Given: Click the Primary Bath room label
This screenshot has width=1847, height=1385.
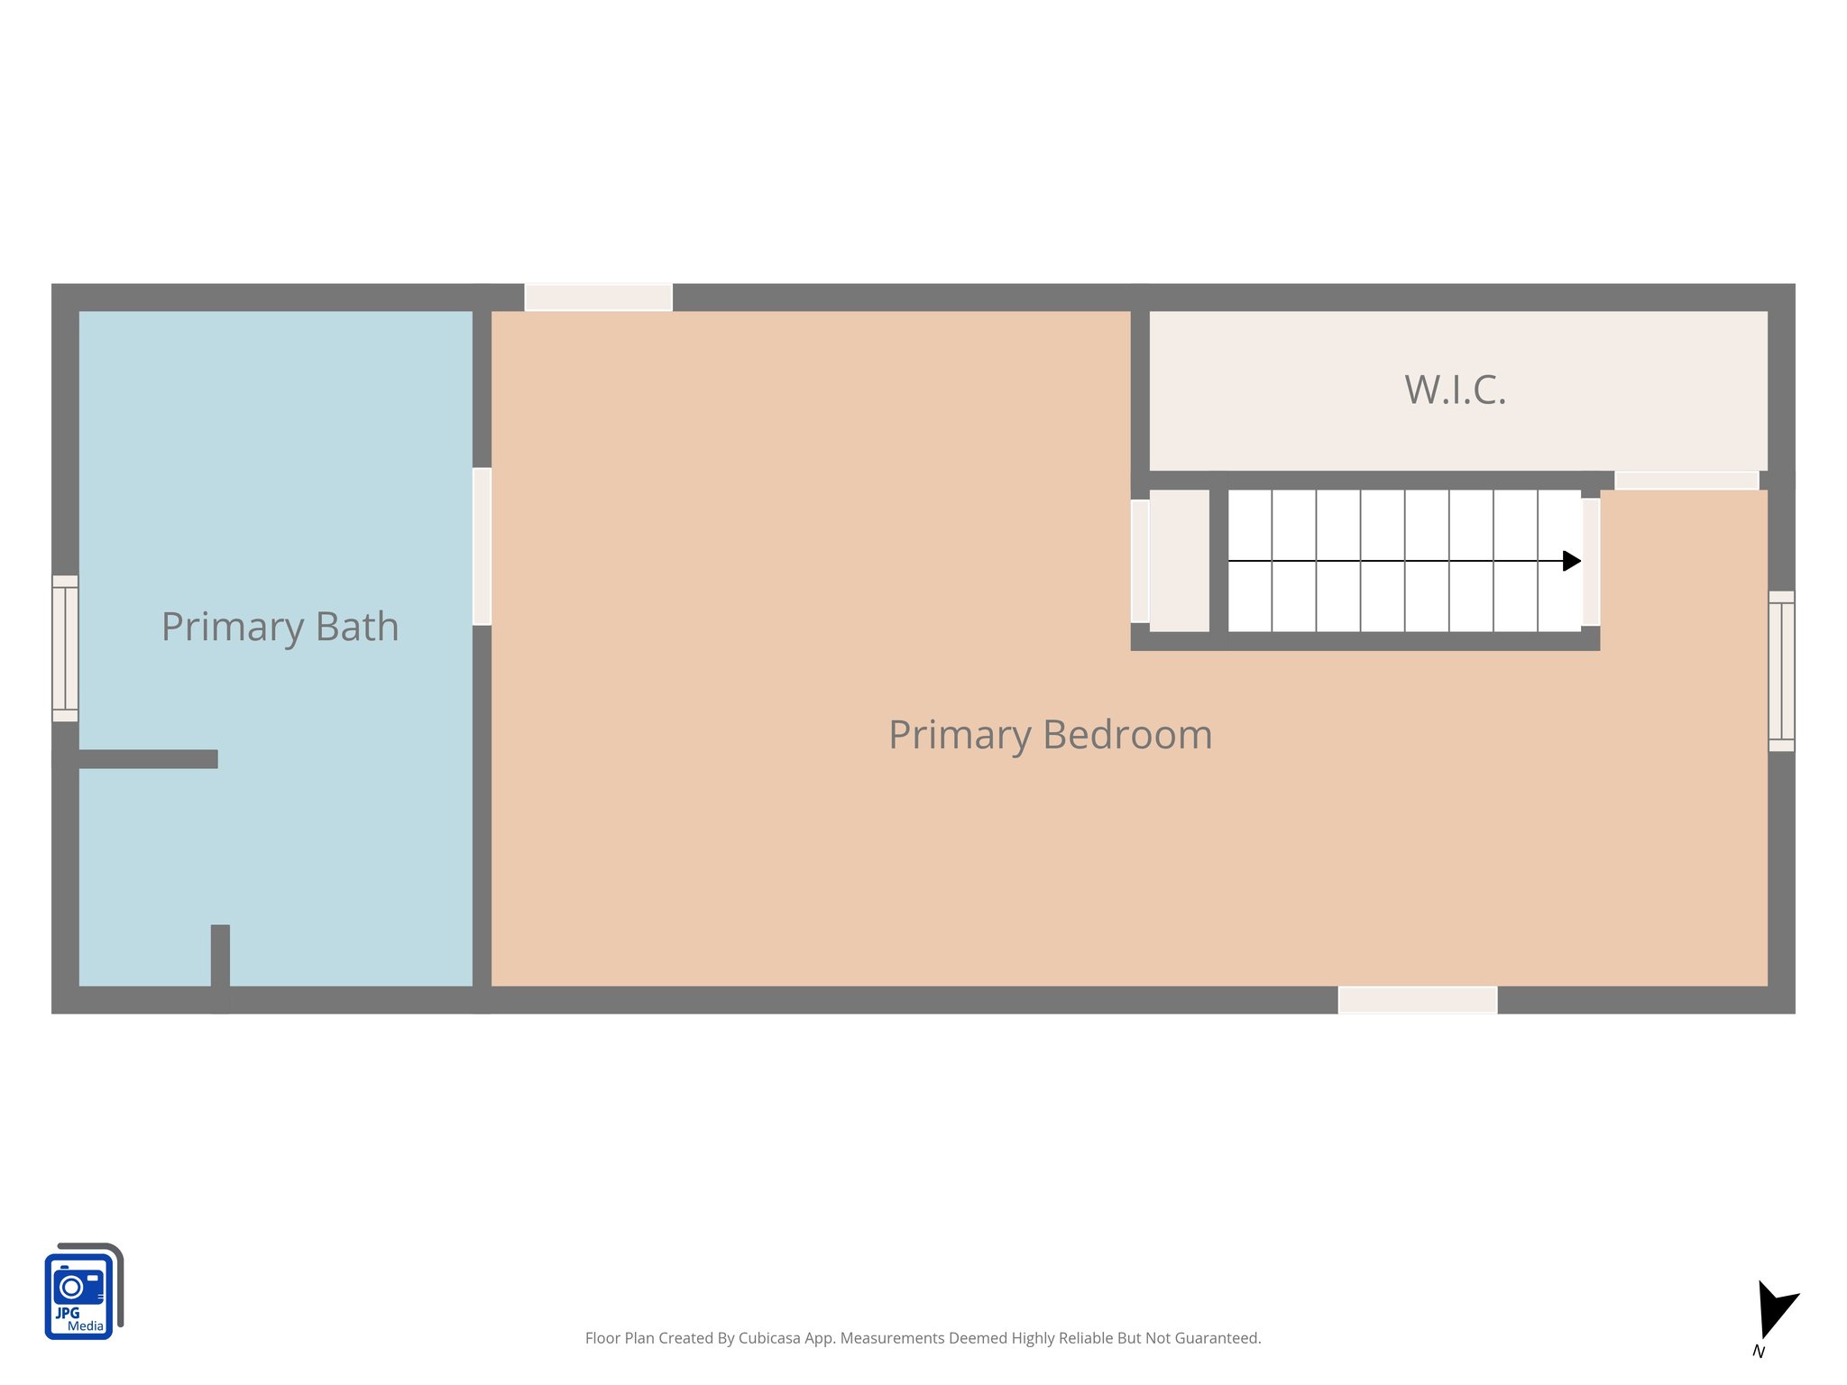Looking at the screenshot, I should pyautogui.click(x=280, y=628).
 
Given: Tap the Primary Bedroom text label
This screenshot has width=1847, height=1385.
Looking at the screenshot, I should pyautogui.click(x=1050, y=735).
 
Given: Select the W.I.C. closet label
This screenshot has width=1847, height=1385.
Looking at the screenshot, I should pyautogui.click(x=1455, y=390).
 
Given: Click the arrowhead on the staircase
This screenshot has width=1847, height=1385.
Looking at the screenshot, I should pyautogui.click(x=1571, y=561).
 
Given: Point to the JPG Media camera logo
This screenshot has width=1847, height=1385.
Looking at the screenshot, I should pyautogui.click(x=82, y=1292).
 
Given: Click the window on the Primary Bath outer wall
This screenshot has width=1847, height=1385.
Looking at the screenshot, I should pyautogui.click(x=65, y=648).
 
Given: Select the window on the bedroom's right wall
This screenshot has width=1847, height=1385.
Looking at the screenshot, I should pyautogui.click(x=1781, y=671).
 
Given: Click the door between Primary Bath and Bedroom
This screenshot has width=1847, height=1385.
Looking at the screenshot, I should pyautogui.click(x=482, y=546).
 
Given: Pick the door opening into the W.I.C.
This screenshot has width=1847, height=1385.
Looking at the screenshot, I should pyautogui.click(x=1686, y=481).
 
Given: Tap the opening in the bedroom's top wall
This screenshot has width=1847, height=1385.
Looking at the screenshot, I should pyautogui.click(x=598, y=298).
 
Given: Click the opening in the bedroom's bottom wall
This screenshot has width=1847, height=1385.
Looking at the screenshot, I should pyautogui.click(x=1418, y=1000).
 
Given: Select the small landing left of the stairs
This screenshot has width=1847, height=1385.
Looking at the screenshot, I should pyautogui.click(x=1179, y=561).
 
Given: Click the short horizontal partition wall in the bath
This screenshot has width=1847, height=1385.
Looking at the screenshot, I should pyautogui.click(x=148, y=759).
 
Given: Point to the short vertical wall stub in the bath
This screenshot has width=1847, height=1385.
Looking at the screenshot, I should pyautogui.click(x=220, y=965).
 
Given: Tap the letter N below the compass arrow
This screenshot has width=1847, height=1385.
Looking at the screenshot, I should pyautogui.click(x=1758, y=1352).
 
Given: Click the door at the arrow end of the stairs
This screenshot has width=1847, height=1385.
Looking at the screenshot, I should pyautogui.click(x=1591, y=562).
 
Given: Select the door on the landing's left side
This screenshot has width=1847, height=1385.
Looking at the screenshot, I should pyautogui.click(x=1140, y=561).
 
